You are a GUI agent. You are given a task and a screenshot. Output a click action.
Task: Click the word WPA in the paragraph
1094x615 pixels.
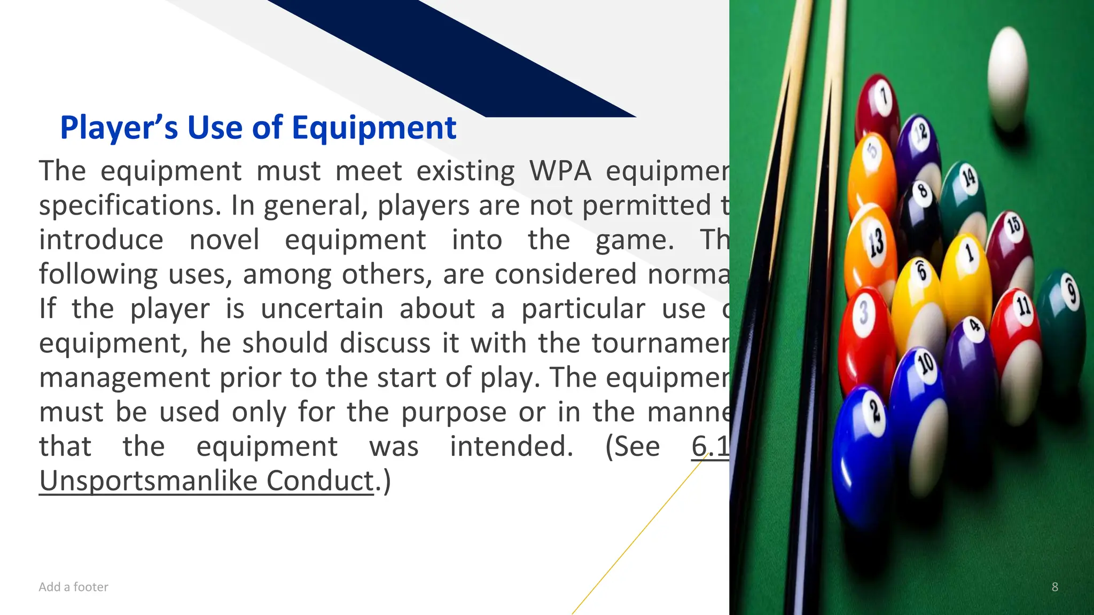pos(560,171)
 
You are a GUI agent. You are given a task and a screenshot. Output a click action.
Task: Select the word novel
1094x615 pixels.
pos(224,240)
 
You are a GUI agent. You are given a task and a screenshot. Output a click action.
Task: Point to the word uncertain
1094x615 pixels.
pos(322,309)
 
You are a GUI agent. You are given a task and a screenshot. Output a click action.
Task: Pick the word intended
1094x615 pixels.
pos(511,446)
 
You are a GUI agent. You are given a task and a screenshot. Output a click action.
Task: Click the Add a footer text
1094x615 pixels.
pos(73,587)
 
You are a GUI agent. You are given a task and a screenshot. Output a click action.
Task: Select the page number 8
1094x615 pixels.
pos(1054,587)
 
